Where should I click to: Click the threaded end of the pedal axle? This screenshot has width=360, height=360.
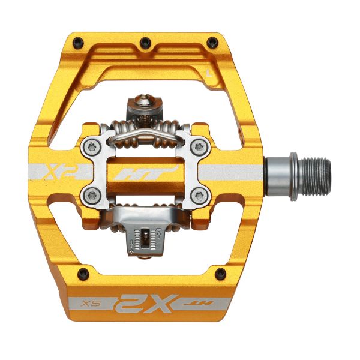(314, 173)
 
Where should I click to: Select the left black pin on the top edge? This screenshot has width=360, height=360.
(79, 42)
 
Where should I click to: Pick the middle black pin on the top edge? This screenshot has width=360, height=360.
(144, 42)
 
